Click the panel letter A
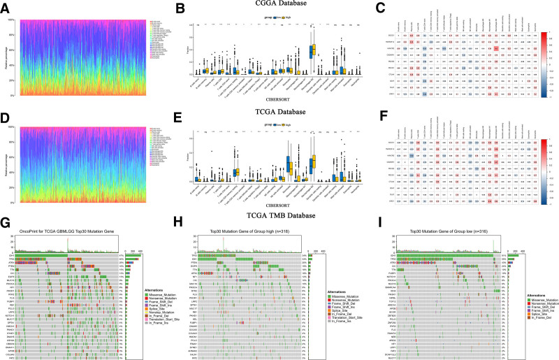point(8,10)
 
